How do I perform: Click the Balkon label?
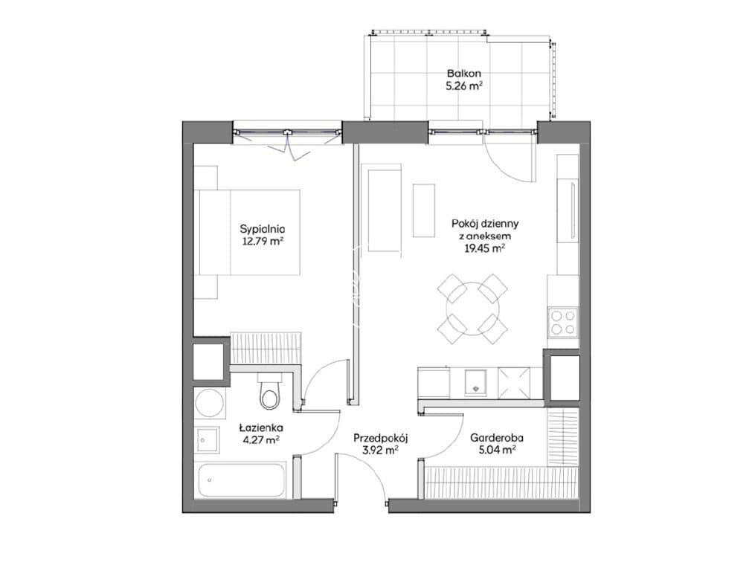click(463, 74)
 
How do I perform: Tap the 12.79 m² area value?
click(263, 241)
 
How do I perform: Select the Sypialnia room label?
click(263, 229)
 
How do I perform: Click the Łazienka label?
click(261, 428)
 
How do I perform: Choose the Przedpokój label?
click(380, 438)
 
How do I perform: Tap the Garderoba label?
click(496, 438)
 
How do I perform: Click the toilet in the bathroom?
click(269, 391)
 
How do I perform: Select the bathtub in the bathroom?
click(242, 480)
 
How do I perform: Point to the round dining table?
click(472, 309)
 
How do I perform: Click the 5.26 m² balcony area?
click(463, 87)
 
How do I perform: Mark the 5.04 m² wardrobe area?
click(496, 450)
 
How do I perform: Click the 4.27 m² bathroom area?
click(261, 439)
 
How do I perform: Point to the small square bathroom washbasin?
click(208, 440)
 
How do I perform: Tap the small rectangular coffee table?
click(424, 210)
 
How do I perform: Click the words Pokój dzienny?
click(485, 224)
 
